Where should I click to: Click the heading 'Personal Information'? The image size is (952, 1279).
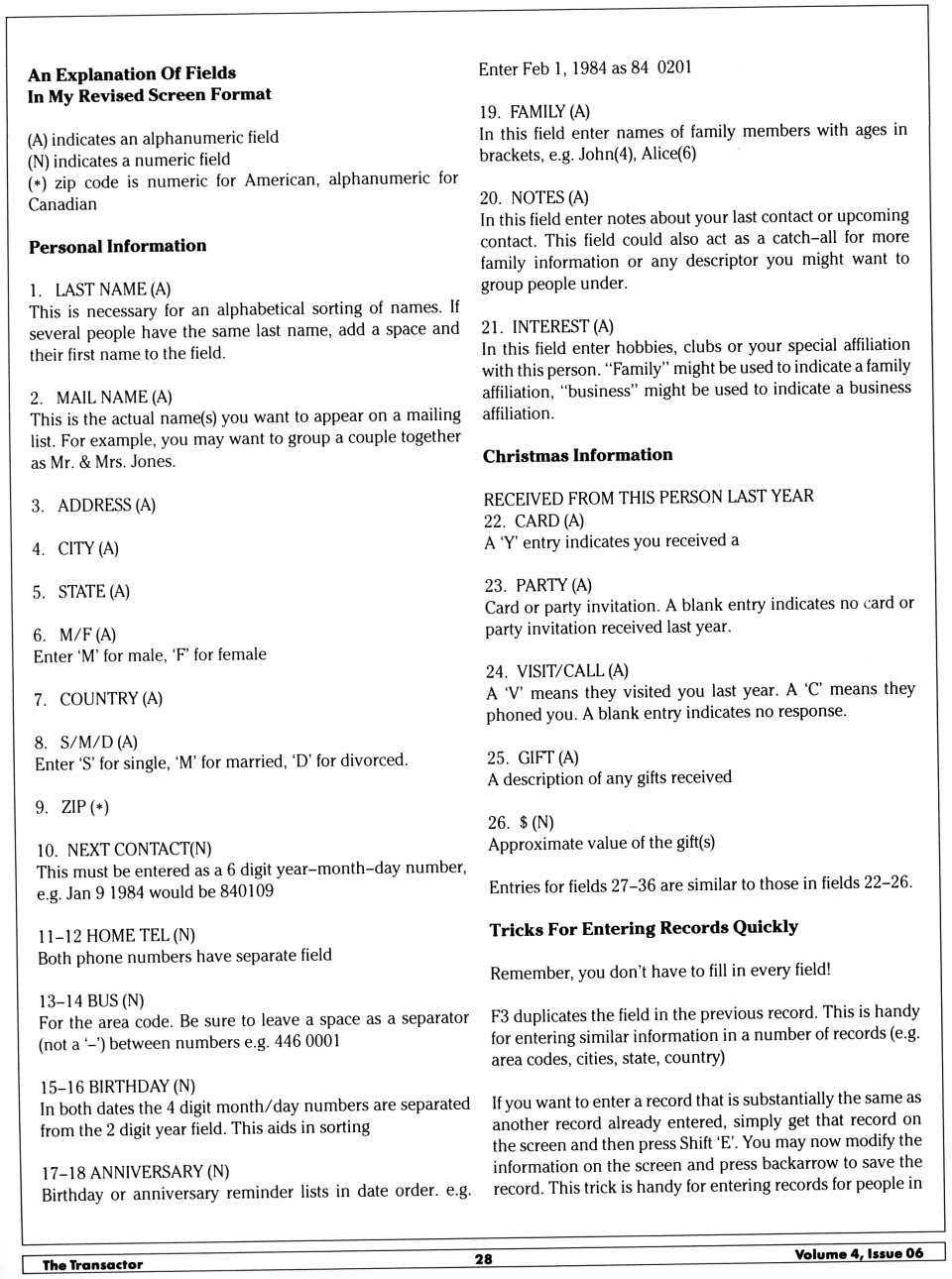coord(117,246)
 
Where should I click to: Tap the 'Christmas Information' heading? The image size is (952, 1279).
coord(577,455)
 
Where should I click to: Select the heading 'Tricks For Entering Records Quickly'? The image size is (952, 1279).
coord(643,928)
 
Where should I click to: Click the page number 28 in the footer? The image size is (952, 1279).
coord(483,1258)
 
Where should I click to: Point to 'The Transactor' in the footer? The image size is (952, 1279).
coord(92,1264)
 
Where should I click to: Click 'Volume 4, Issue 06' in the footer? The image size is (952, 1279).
coord(858,1253)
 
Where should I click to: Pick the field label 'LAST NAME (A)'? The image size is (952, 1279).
coord(112,290)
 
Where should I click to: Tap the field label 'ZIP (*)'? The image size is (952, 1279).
coord(84,807)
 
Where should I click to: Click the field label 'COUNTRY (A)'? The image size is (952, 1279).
coord(110,699)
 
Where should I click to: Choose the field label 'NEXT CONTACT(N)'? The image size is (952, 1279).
coord(139,850)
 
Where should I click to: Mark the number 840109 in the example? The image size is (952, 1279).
coord(246,891)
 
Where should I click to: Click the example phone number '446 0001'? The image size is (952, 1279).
coord(306,1041)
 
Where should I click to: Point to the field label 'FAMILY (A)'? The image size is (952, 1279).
coord(548,111)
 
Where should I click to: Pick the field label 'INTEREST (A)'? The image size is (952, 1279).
coord(562,326)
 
